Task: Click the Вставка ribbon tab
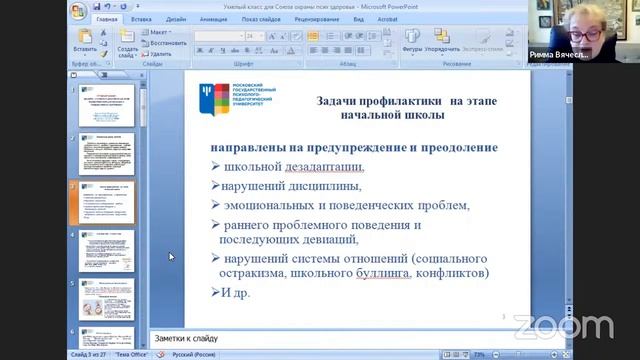(x=141, y=18)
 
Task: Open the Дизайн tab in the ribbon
(x=177, y=18)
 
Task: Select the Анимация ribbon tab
(x=213, y=18)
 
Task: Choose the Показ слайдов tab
(x=261, y=18)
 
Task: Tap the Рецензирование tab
(x=317, y=18)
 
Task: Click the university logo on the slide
(x=237, y=98)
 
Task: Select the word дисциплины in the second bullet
(x=326, y=186)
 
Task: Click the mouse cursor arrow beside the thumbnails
(x=170, y=257)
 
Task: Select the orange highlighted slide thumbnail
(x=106, y=203)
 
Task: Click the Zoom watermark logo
(x=562, y=326)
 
